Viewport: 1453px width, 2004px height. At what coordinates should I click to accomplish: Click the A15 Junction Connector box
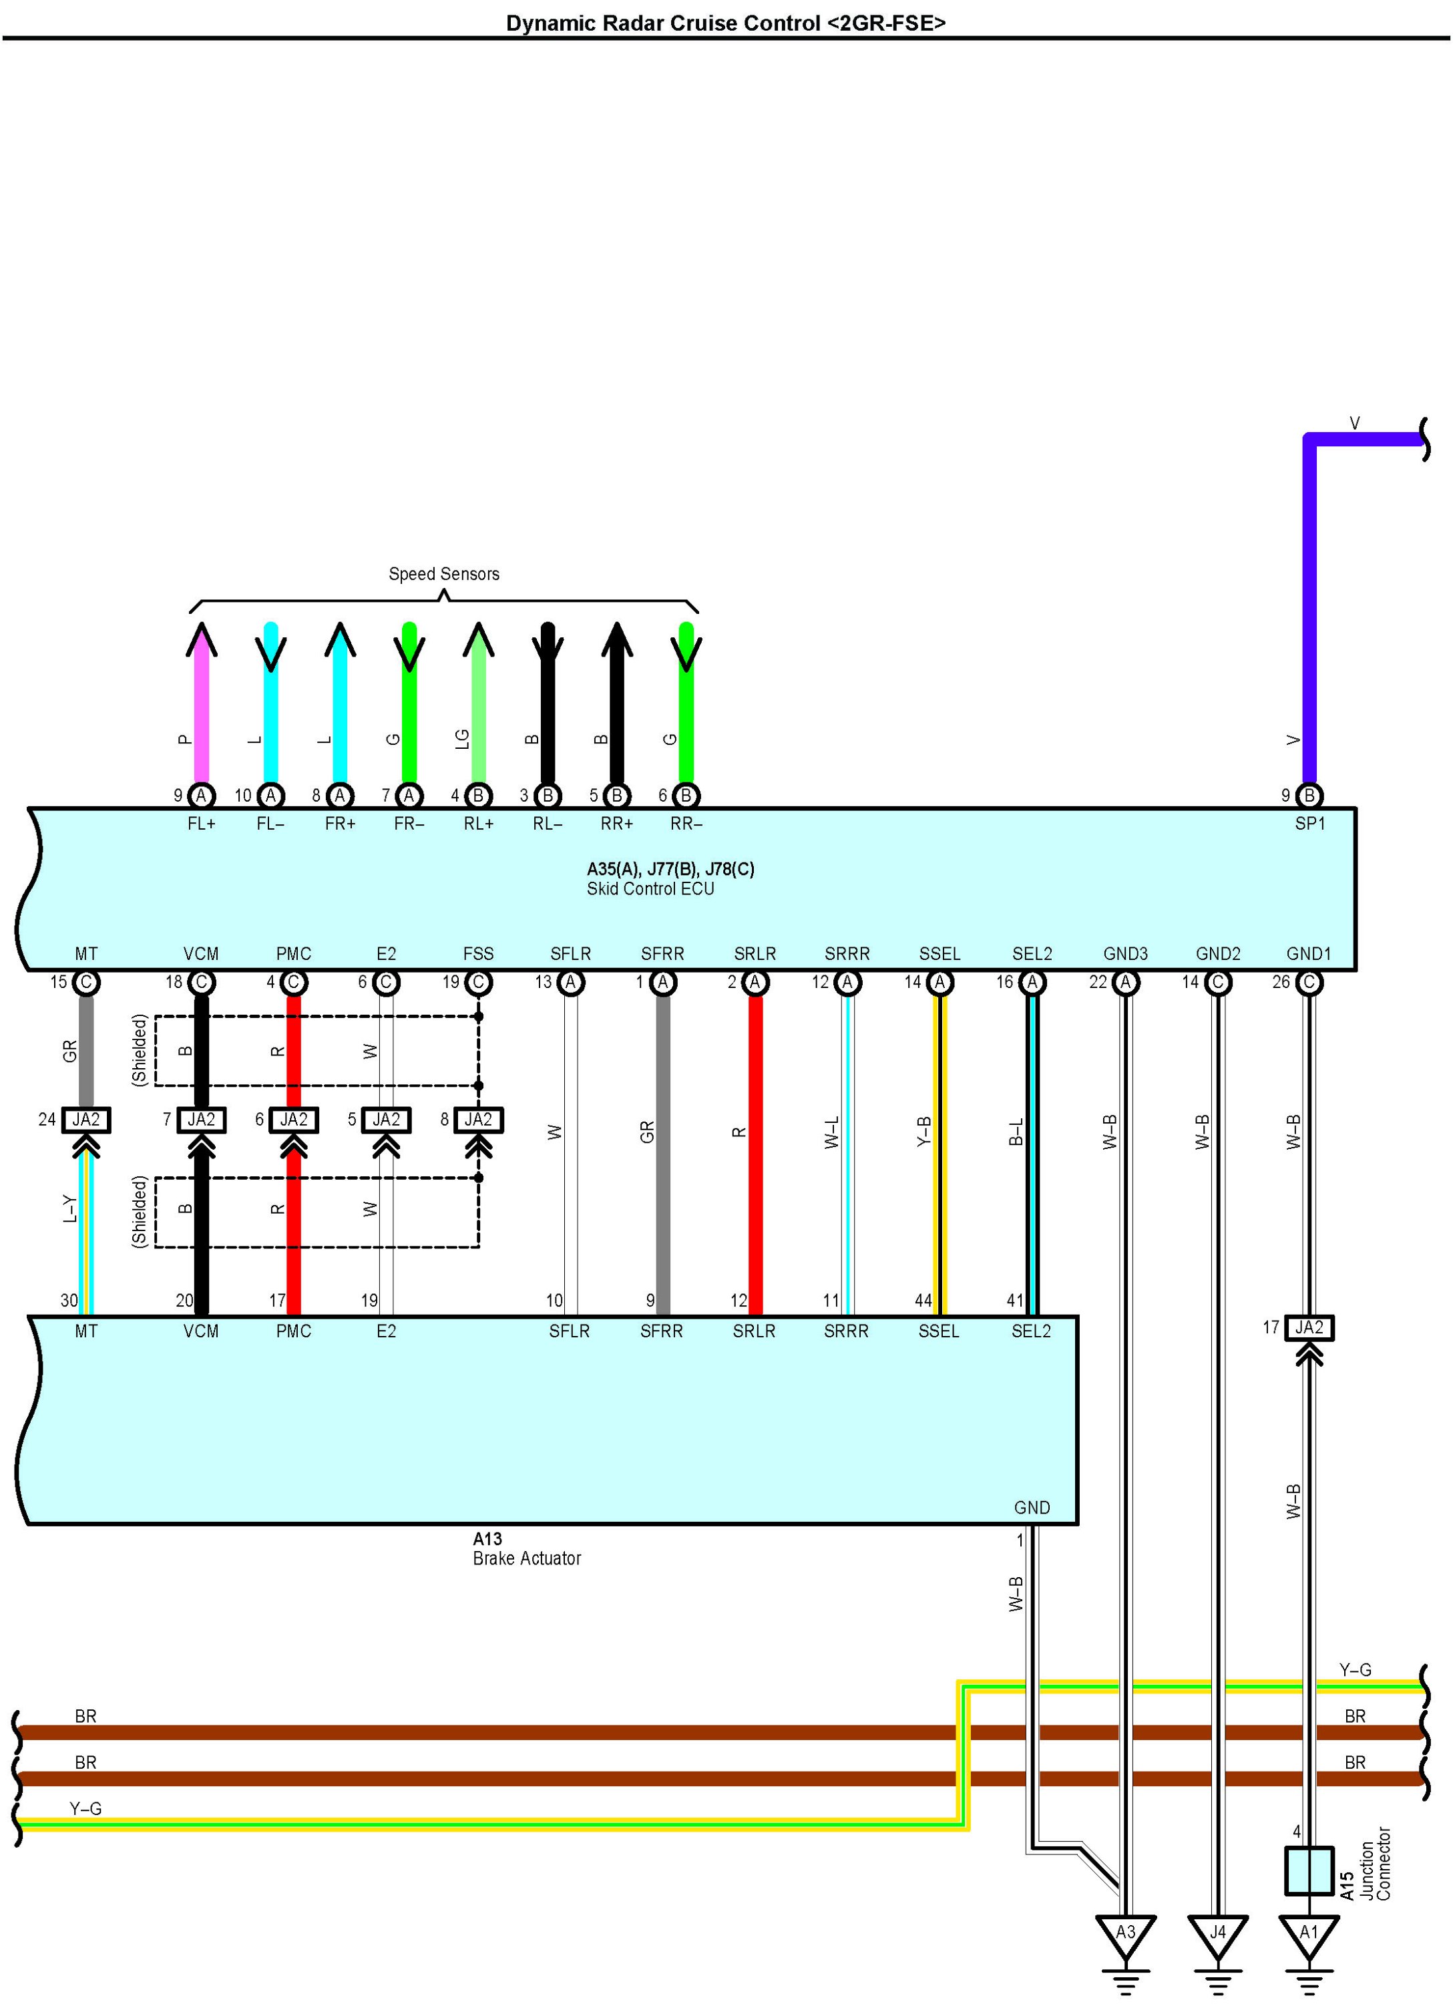tap(1309, 1870)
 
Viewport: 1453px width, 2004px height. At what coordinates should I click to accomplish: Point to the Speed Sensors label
tap(443, 574)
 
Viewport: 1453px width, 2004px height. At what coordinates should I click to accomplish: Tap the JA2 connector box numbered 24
tap(85, 1120)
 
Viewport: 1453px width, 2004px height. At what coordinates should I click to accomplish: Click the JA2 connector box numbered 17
tap(1309, 1328)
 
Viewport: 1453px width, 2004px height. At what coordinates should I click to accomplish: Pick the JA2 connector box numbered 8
tap(478, 1120)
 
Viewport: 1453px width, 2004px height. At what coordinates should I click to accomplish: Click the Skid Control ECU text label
tap(650, 889)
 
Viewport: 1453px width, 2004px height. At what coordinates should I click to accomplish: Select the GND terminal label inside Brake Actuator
tap(1032, 1508)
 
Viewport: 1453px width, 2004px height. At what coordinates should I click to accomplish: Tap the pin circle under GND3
tap(1125, 982)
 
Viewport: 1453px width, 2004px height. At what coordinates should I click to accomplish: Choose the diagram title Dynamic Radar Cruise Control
tap(725, 23)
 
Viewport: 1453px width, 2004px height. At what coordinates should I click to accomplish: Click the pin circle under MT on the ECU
tap(85, 982)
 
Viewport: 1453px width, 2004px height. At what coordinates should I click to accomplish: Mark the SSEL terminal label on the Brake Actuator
tap(938, 1331)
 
